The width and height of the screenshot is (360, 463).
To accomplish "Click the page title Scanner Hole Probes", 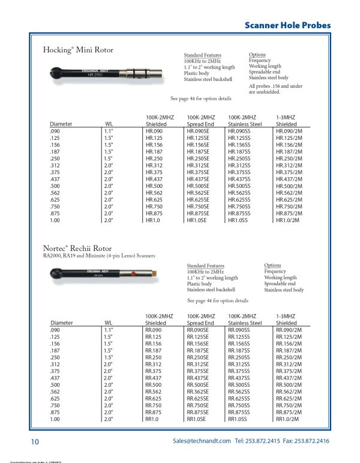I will (x=296, y=25).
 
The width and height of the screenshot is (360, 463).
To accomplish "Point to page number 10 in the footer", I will (x=35, y=443).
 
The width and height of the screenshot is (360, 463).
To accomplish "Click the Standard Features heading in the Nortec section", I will (x=206, y=265).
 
